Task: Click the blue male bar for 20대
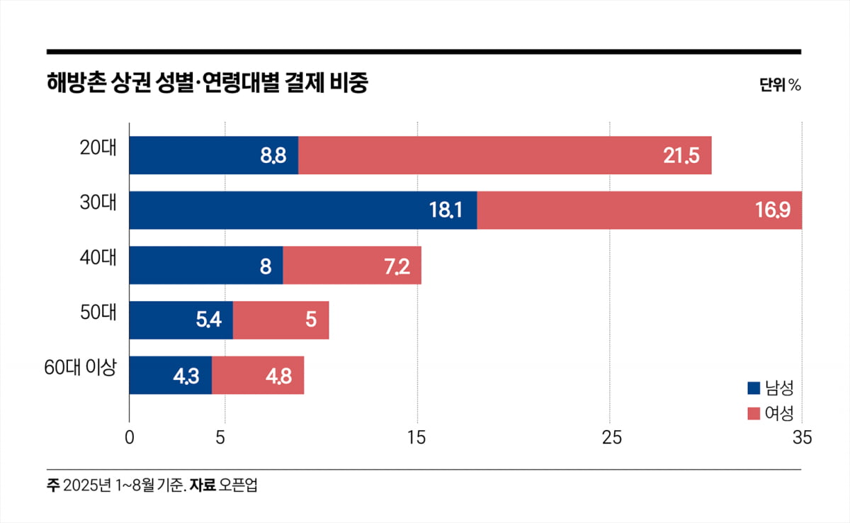click(x=213, y=155)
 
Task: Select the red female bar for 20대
click(x=504, y=155)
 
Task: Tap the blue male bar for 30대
click(x=302, y=210)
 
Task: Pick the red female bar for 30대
click(x=639, y=210)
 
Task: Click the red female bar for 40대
click(x=352, y=265)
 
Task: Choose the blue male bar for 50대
click(x=181, y=320)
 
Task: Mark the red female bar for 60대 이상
click(x=258, y=375)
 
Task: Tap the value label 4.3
click(x=186, y=376)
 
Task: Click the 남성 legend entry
click(x=770, y=388)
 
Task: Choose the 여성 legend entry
click(x=770, y=413)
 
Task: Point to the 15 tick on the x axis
click(x=417, y=438)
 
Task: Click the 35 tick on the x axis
click(x=801, y=438)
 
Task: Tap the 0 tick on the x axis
click(x=129, y=438)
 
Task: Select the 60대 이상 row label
click(x=79, y=368)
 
